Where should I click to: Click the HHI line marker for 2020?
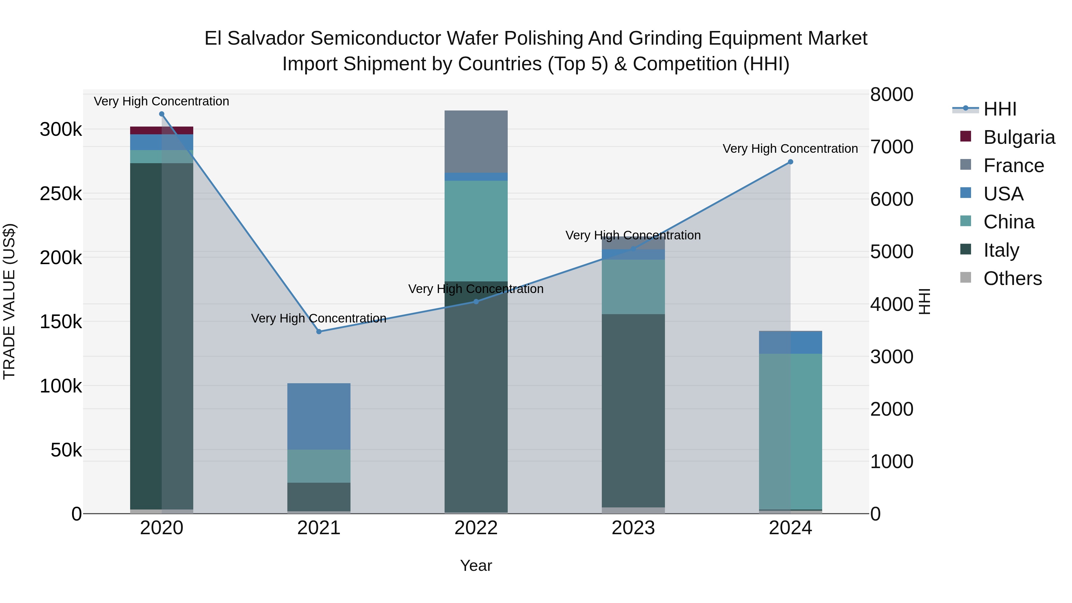point(162,114)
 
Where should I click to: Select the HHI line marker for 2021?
point(319,332)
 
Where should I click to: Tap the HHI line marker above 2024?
point(790,162)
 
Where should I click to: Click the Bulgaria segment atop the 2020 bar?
point(162,130)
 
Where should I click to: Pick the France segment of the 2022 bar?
point(476,141)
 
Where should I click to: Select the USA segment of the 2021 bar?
point(319,416)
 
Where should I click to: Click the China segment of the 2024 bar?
point(790,431)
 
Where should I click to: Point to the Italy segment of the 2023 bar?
point(633,410)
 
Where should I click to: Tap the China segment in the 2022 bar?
point(476,231)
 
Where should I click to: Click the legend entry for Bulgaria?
point(1019,137)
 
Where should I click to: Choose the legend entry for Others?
point(1012,278)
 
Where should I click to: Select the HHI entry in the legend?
point(1000,109)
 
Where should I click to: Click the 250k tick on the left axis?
point(61,194)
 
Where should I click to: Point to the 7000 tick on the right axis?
point(891,147)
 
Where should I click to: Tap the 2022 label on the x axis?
point(476,528)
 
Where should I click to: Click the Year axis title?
point(476,565)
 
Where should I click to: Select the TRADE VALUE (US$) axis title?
point(9,301)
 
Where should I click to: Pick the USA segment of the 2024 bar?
point(790,342)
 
